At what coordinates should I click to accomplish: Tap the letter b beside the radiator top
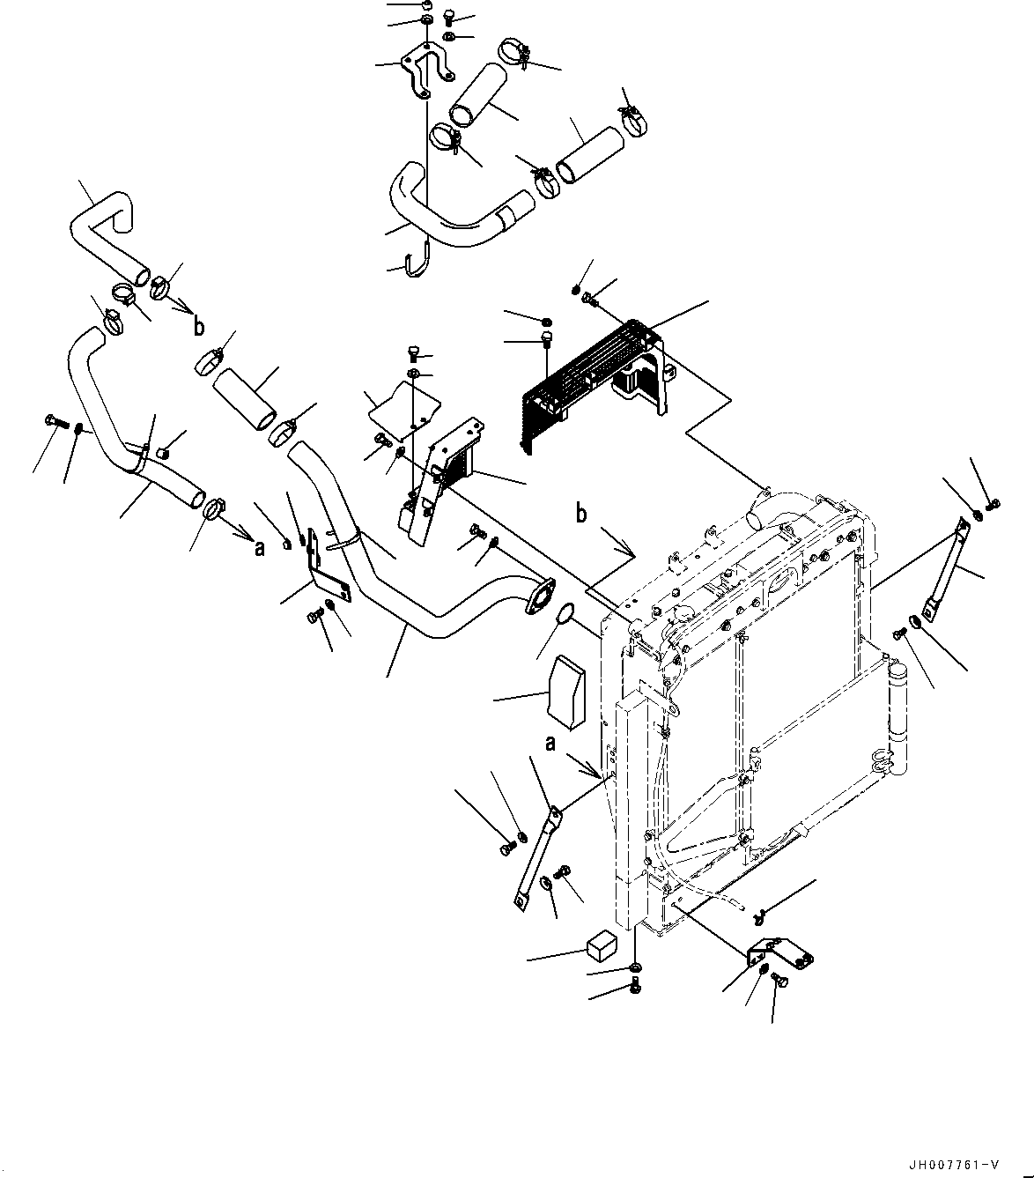[581, 514]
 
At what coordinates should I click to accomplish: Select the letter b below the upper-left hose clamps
[200, 327]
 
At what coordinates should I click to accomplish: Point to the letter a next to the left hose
[258, 547]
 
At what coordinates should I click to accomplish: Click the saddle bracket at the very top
[425, 72]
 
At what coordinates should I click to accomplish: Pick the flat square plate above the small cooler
[404, 406]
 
